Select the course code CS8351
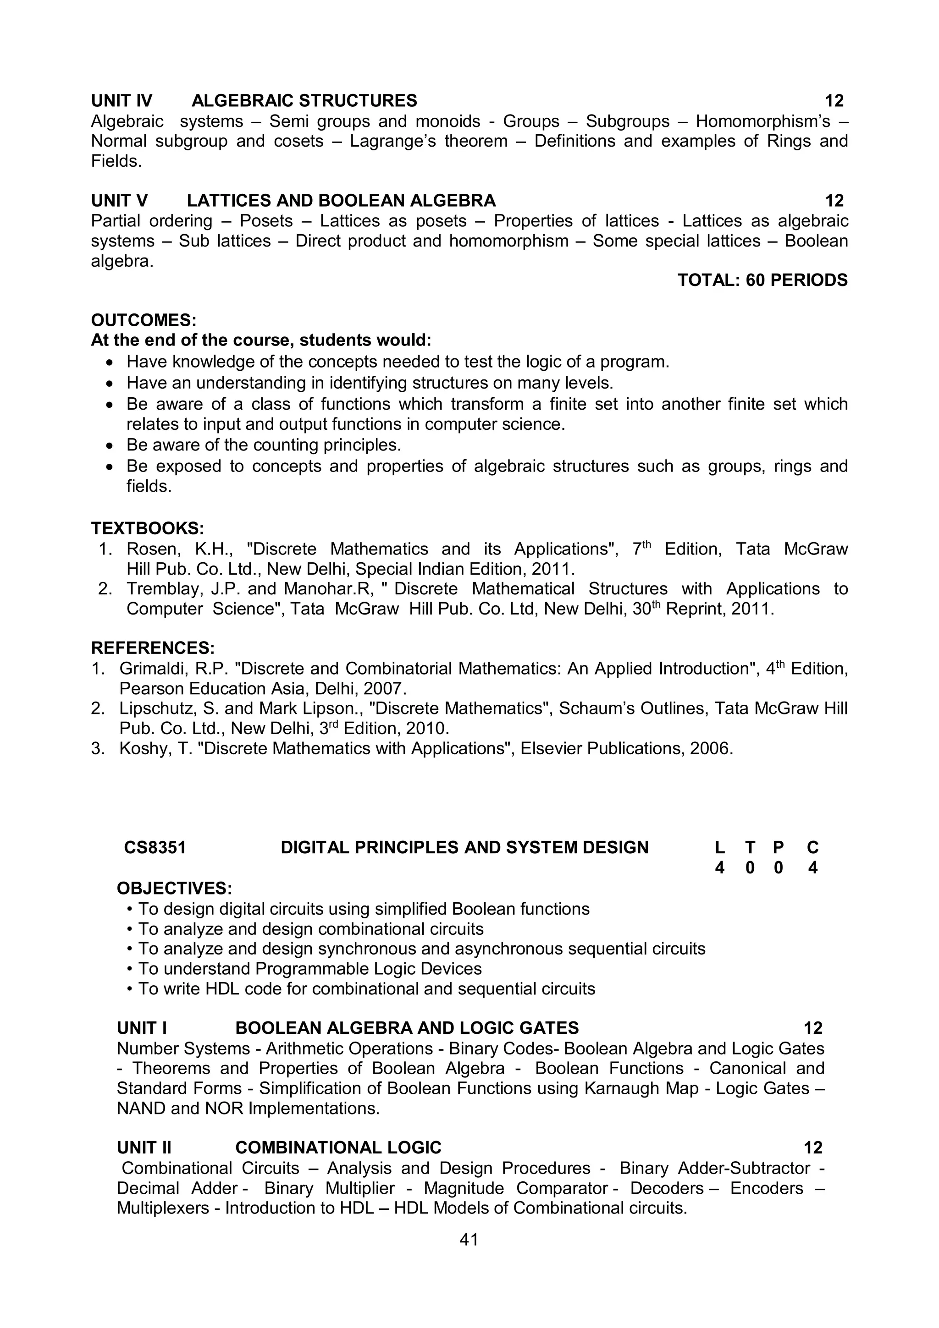pyautogui.click(x=155, y=847)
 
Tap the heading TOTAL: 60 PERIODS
pyautogui.click(x=762, y=280)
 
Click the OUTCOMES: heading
pyautogui.click(x=144, y=320)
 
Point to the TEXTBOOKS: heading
pyautogui.click(x=148, y=528)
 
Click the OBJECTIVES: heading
pyautogui.click(x=174, y=888)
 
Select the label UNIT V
pyautogui.click(x=119, y=201)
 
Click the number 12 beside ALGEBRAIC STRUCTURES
pyautogui.click(x=834, y=101)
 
